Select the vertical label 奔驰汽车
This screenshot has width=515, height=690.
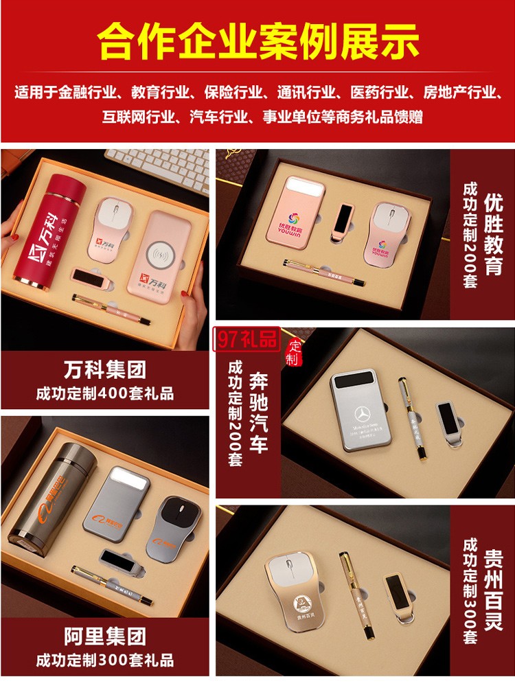[258, 413]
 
